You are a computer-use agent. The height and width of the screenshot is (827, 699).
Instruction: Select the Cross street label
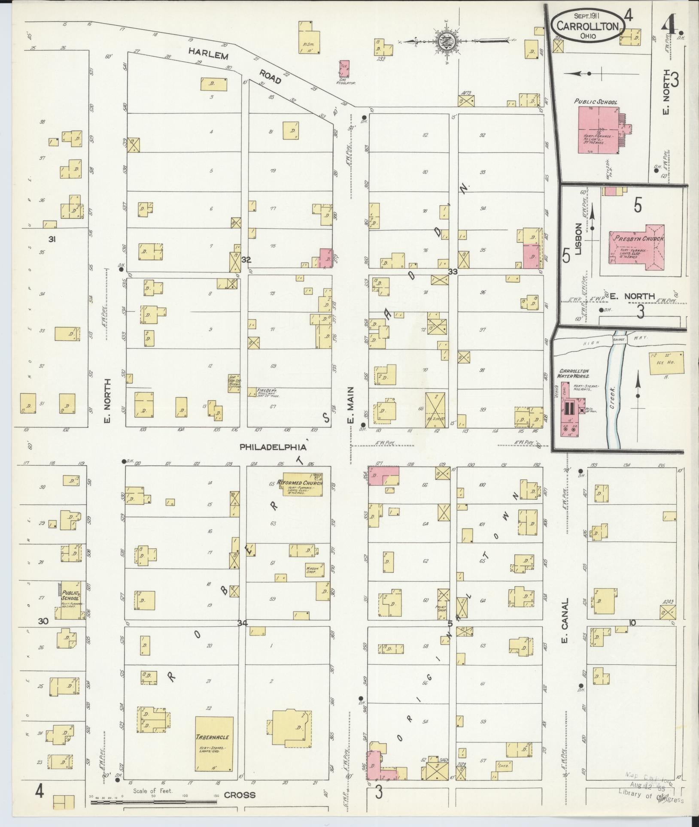pyautogui.click(x=240, y=795)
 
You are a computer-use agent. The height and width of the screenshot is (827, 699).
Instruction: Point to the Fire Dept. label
pyautogui.click(x=263, y=391)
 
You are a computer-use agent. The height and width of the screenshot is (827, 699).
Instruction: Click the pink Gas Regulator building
pyautogui.click(x=344, y=69)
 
